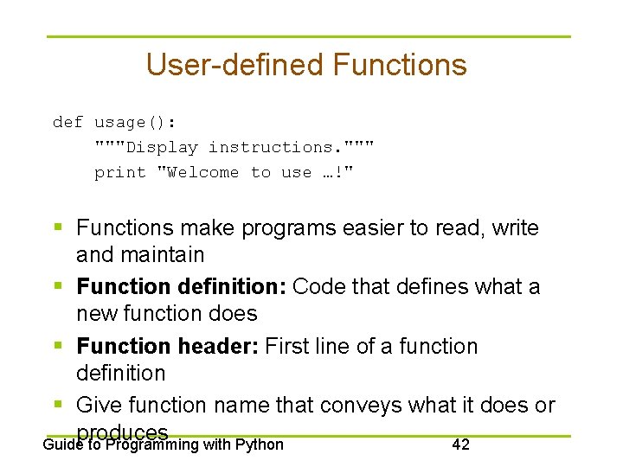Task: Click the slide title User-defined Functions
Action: [x=306, y=65]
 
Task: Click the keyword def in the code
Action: [x=67, y=122]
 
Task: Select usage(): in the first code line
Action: [x=135, y=122]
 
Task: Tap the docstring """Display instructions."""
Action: [x=234, y=147]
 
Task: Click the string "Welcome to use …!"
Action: [x=255, y=172]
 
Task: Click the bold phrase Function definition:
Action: [x=181, y=286]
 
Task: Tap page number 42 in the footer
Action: [x=460, y=445]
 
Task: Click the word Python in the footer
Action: [x=258, y=445]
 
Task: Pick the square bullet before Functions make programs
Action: [x=58, y=228]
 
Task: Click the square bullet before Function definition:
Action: [x=58, y=286]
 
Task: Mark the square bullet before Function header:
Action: [x=58, y=346]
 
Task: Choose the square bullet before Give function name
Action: [x=58, y=405]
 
